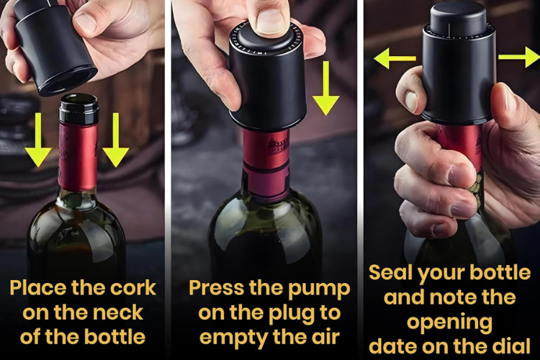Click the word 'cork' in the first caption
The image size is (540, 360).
point(133,288)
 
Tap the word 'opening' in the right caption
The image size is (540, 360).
point(450,323)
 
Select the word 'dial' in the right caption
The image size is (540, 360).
point(511,346)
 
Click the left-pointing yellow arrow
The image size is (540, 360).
point(395,58)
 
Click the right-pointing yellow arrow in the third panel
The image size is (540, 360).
point(519,57)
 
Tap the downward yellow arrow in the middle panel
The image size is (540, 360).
point(325,88)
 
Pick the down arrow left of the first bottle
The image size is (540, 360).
point(38,140)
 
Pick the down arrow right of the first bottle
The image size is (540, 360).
point(116,140)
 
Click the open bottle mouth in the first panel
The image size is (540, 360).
point(79,100)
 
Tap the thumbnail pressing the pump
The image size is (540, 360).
point(271,20)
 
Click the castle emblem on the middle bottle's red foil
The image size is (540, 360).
point(278,145)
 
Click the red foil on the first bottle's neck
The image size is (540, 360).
point(78,156)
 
